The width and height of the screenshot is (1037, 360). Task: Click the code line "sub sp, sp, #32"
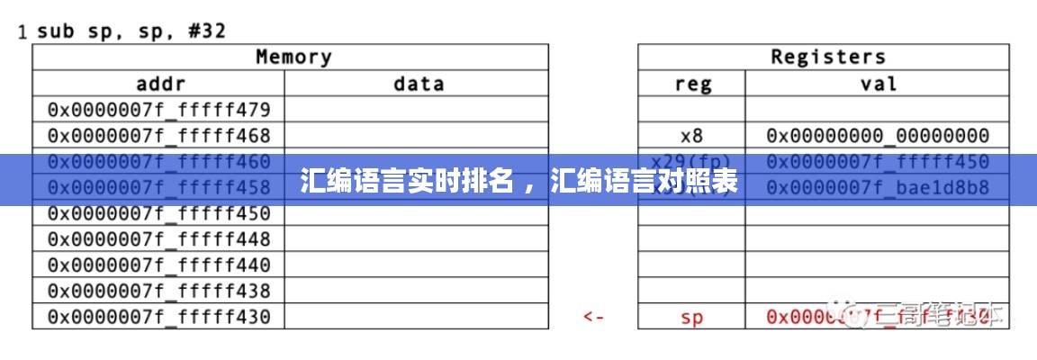[x=131, y=31]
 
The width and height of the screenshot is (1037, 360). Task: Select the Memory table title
[x=293, y=57]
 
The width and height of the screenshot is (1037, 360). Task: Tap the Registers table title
[x=827, y=57]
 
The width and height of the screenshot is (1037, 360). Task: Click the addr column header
[x=159, y=84]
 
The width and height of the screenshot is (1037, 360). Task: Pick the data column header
[x=419, y=84]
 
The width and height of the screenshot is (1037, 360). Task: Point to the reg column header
[x=692, y=84]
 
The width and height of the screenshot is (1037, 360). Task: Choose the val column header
[x=879, y=84]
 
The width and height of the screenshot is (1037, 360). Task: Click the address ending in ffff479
[x=159, y=110]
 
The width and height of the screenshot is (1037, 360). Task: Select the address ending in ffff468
[x=159, y=136]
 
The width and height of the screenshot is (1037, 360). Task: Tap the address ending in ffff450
[x=159, y=213]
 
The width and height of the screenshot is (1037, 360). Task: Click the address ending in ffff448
[x=159, y=239]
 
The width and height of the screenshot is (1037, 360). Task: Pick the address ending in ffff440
[x=159, y=265]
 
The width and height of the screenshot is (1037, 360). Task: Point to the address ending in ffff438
[x=159, y=291]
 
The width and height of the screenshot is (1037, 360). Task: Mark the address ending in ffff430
[x=159, y=317]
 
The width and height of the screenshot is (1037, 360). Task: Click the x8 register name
[x=691, y=136]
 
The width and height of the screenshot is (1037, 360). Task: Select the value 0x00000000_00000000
[x=878, y=136]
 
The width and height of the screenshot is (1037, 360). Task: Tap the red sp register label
[x=691, y=317]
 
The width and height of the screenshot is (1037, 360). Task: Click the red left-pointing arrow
[x=593, y=317]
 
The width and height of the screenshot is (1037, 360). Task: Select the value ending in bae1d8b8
[x=878, y=188]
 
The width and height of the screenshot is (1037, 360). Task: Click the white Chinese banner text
[x=518, y=181]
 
